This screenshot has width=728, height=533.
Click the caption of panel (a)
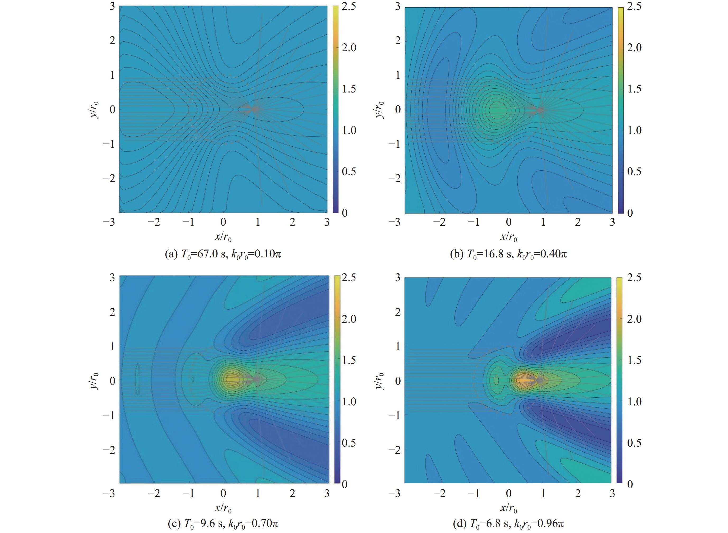[223, 254]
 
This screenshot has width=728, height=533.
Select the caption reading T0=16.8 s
[508, 254]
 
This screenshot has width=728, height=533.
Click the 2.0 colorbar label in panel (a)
[349, 48]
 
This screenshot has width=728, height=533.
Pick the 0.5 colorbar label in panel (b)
[634, 172]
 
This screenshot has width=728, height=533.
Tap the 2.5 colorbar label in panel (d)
[634, 277]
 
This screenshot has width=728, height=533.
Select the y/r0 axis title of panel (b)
[380, 110]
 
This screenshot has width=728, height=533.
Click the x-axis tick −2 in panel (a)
[154, 222]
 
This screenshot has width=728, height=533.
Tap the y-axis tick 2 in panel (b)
[398, 41]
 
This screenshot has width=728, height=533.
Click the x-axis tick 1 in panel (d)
[543, 493]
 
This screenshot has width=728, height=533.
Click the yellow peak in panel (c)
[231, 379]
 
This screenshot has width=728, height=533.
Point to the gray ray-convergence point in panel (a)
[256, 109]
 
